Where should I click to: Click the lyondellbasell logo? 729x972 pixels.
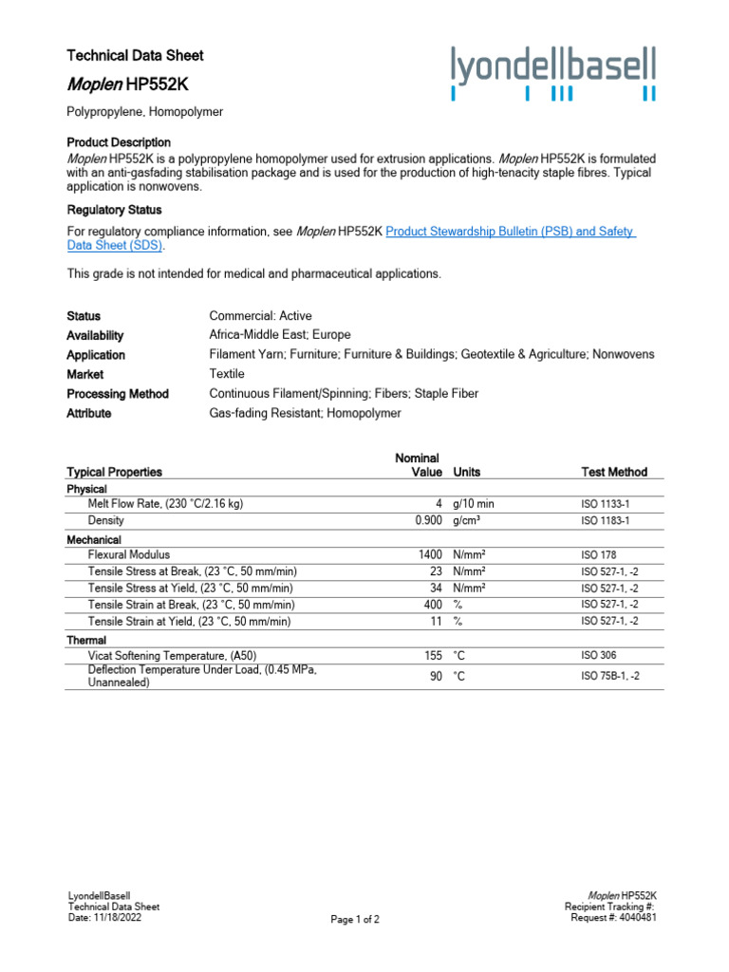tap(553, 73)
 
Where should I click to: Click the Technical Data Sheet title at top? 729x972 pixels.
tap(135, 55)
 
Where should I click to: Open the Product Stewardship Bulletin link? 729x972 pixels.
tap(511, 231)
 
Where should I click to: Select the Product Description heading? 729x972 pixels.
tap(119, 141)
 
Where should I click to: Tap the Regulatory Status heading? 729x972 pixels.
tap(114, 210)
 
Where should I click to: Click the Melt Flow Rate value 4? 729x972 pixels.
tap(439, 504)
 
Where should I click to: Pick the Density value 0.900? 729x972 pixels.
tap(428, 521)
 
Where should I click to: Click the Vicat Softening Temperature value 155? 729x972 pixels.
tap(433, 655)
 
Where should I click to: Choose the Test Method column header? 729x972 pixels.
tap(613, 472)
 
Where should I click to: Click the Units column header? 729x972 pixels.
tap(467, 472)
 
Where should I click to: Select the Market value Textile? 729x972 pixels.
tap(227, 374)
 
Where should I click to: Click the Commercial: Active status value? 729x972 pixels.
tap(260, 315)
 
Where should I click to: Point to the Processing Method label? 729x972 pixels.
tap(118, 394)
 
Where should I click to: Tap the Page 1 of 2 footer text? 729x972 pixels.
tap(355, 920)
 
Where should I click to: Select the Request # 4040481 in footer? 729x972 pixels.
tap(613, 917)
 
